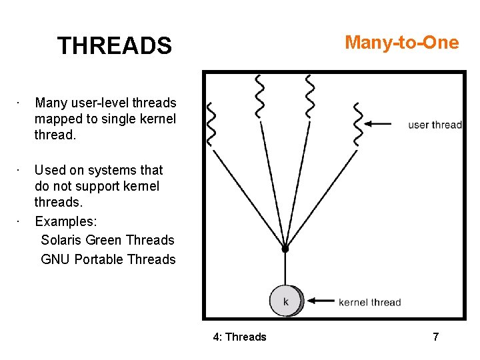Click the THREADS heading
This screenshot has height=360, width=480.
[114, 46]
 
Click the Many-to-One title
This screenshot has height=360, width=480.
[401, 43]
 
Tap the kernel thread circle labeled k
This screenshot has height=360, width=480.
[286, 301]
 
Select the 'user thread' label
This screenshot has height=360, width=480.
[435, 124]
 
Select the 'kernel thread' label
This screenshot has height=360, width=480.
[370, 302]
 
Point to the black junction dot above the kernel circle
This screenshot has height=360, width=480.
[285, 249]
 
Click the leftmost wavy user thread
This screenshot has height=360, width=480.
[213, 123]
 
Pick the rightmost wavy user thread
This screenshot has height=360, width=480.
[359, 123]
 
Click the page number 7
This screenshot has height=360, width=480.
[435, 337]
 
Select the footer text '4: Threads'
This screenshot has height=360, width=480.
[239, 337]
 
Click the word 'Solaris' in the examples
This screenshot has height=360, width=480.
[61, 240]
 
